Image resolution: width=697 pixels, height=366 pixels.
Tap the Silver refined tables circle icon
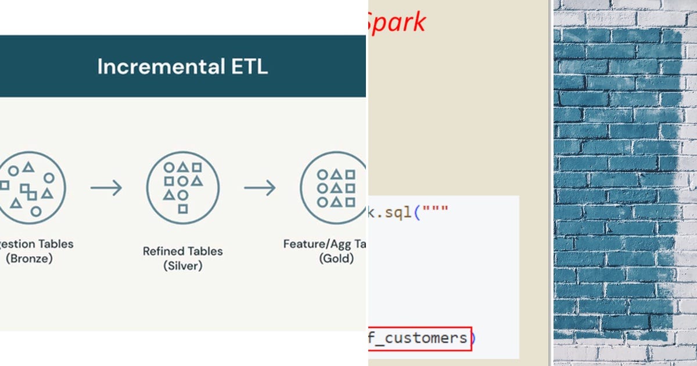tap(183, 188)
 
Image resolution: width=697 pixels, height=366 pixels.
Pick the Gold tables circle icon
tap(334, 188)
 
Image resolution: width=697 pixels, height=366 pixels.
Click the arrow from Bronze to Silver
tap(106, 188)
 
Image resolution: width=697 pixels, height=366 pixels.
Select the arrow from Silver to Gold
tap(260, 188)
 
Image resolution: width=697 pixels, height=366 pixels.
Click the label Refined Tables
tap(183, 252)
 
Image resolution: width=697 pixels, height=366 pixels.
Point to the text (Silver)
tap(183, 266)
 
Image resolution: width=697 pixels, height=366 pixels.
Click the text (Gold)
tap(336, 259)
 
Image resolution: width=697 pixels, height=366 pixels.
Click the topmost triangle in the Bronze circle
tap(28, 167)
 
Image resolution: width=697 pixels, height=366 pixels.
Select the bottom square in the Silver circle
tap(183, 209)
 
